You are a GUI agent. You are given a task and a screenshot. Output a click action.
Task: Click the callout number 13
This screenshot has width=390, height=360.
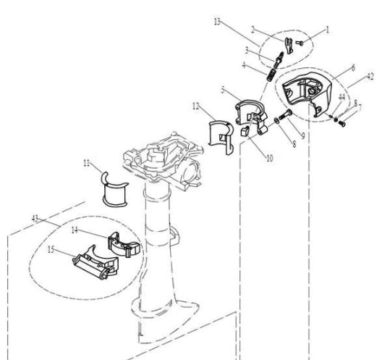pyautogui.click(x=217, y=22)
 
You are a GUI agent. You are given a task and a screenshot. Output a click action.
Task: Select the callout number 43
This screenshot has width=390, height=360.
pyautogui.click(x=35, y=219)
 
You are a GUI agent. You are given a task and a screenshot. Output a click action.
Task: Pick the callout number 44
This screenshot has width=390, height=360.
pyautogui.click(x=341, y=96)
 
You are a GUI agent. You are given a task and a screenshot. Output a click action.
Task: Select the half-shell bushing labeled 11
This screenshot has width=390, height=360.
pyautogui.click(x=115, y=191)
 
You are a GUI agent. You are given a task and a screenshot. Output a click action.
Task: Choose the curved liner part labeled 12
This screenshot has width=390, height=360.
pyautogui.click(x=222, y=135)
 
